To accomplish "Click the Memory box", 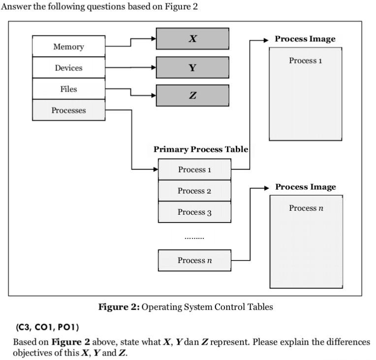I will point(68,46).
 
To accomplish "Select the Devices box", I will point(68,68).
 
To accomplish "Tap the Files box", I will point(68,89).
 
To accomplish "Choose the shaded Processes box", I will point(68,110).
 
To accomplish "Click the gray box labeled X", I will point(192,38).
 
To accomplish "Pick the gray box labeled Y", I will point(192,67).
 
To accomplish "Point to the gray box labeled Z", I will point(192,96).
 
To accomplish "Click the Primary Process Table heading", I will point(200,149).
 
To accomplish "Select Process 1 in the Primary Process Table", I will point(194,169).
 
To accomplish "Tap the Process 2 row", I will point(194,191).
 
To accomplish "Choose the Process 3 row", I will point(194,212).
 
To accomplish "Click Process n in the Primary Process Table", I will point(194,260).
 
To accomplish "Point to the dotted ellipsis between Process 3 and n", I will point(194,238).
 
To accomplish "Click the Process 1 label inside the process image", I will point(305,61).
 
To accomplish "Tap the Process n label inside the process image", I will point(306,208).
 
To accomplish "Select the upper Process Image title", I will point(305,39).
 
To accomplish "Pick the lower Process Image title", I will point(305,187).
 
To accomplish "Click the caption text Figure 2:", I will point(119,307).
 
